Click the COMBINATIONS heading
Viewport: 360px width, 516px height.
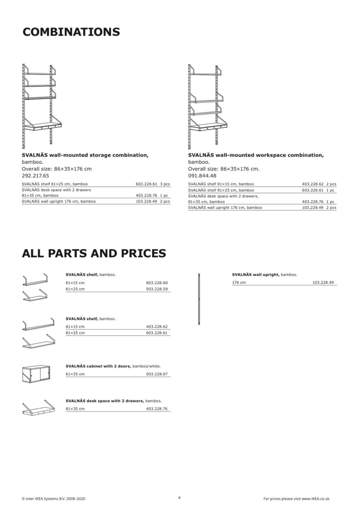[x=71, y=32]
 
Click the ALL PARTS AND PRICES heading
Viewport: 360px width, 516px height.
[x=94, y=253]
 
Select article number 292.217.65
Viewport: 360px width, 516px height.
[x=35, y=176]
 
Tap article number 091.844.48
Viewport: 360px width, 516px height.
[x=202, y=176]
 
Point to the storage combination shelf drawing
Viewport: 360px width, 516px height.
[x=41, y=106]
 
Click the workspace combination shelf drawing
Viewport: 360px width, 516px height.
[x=207, y=106]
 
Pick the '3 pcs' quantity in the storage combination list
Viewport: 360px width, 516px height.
[x=165, y=184]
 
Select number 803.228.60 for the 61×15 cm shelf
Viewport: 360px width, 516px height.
[x=157, y=283]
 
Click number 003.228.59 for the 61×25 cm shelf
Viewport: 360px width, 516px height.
[x=157, y=289]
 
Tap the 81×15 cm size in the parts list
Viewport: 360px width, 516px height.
[x=75, y=327]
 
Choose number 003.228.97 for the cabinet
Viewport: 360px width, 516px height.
[x=157, y=374]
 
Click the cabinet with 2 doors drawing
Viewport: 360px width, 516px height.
[x=36, y=374]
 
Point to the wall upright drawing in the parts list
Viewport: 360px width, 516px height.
[x=199, y=299]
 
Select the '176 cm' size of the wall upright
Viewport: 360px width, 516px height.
[x=239, y=282]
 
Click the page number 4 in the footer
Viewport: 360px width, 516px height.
[x=179, y=497]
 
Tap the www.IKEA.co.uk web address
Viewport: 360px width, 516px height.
[x=315, y=498]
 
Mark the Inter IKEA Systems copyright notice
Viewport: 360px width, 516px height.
[x=53, y=498]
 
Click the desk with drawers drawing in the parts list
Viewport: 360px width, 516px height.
[x=39, y=408]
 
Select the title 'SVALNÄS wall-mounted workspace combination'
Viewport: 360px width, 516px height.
[x=256, y=155]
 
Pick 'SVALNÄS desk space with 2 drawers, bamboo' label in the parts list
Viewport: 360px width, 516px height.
[x=113, y=401]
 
